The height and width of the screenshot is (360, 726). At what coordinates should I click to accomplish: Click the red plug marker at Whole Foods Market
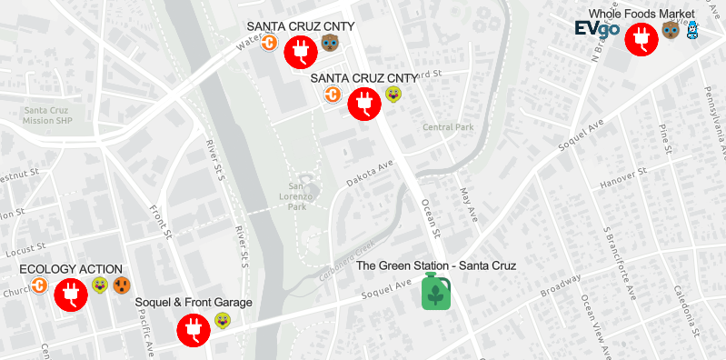[641, 38]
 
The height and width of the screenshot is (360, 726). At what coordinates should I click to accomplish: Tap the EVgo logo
[597, 29]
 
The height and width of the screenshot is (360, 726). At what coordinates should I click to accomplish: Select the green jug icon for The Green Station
[436, 291]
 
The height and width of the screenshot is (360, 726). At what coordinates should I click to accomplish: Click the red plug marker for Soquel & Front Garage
[194, 328]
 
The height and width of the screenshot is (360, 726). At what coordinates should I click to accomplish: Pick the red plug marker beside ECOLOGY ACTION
[70, 294]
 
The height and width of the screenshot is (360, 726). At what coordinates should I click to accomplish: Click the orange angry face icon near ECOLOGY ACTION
[121, 286]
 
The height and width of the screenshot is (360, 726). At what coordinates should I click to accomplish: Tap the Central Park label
[448, 127]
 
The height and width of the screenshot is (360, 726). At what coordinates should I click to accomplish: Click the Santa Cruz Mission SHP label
[46, 115]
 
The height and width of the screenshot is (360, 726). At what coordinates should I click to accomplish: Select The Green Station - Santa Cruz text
[436, 265]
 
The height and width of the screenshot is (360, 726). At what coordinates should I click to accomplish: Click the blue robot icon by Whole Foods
[692, 31]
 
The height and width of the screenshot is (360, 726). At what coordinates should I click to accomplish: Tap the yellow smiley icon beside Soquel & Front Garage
[223, 320]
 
